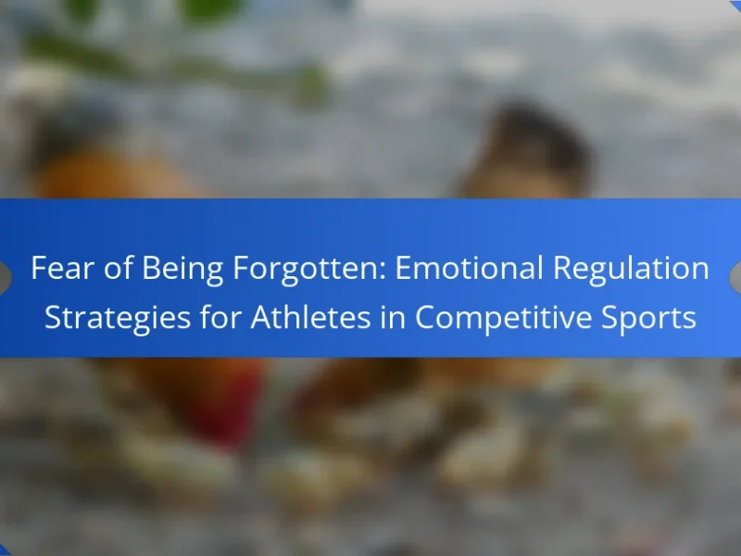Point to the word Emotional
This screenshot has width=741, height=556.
pyautogui.click(x=469, y=268)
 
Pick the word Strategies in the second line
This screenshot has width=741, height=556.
pyautogui.click(x=118, y=319)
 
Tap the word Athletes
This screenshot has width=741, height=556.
pyautogui.click(x=310, y=317)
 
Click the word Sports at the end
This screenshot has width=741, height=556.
pyautogui.click(x=648, y=319)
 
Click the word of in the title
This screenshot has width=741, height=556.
pyautogui.click(x=118, y=268)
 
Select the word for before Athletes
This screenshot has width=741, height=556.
pyautogui.click(x=220, y=317)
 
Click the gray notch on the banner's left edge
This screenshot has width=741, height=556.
pyautogui.click(x=5, y=277)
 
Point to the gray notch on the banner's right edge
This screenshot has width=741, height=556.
pyautogui.click(x=735, y=277)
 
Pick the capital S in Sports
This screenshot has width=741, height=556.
pyautogui.click(x=609, y=318)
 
